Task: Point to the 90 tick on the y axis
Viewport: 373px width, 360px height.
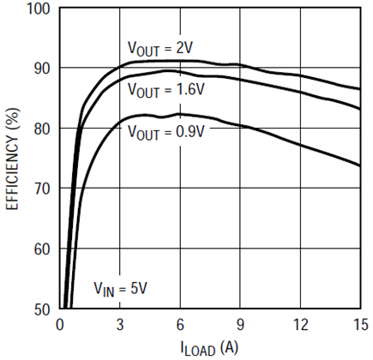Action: (39, 69)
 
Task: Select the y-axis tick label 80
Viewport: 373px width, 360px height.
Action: (39, 129)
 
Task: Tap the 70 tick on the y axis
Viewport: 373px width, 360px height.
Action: (39, 188)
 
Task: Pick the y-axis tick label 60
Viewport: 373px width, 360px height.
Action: (39, 248)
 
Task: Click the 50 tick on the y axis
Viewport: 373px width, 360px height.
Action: (39, 308)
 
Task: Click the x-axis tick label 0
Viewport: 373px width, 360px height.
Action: (59, 324)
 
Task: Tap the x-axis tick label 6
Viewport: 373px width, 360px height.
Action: (180, 324)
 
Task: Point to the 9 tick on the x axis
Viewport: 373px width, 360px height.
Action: (241, 324)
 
